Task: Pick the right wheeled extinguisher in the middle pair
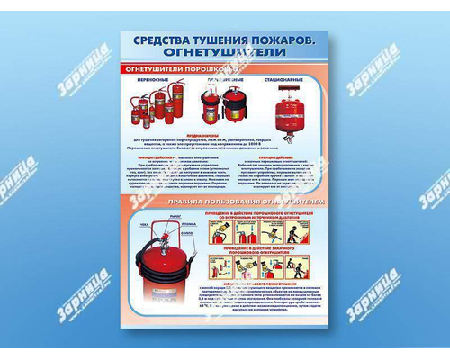tap(235, 106)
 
